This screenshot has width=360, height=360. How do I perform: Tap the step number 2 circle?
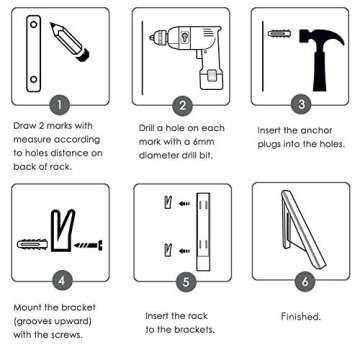point(183,104)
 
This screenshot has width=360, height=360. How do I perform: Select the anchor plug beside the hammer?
point(280,36)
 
